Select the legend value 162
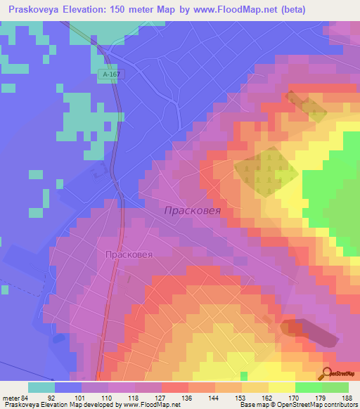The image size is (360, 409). [269, 397]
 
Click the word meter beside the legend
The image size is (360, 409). [9, 397]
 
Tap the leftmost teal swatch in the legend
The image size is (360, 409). [41, 387]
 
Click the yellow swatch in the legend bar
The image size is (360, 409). [281, 387]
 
